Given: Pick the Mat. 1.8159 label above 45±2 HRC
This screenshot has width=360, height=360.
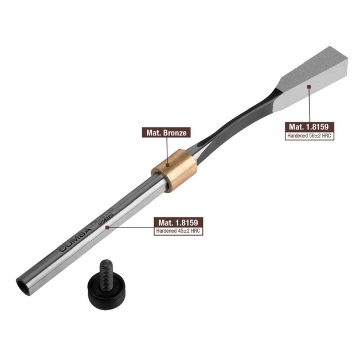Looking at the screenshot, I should click(x=180, y=222).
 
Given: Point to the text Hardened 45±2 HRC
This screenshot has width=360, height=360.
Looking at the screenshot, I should click(x=180, y=231).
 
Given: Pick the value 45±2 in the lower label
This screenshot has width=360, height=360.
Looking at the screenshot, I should click(x=185, y=231).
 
